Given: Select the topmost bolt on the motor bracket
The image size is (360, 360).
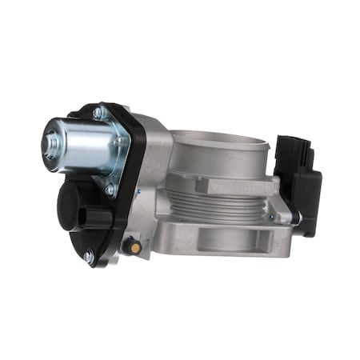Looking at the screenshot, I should coord(98,114).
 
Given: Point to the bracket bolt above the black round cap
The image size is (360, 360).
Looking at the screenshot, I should coord(110,190).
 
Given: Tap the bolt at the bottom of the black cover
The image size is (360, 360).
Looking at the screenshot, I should coord(88,257).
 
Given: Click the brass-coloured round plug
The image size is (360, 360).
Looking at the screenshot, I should coord(135,248).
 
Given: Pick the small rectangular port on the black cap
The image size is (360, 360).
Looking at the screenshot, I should coord(97,218).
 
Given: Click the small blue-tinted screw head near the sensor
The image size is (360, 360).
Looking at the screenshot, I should coord(270,216).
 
